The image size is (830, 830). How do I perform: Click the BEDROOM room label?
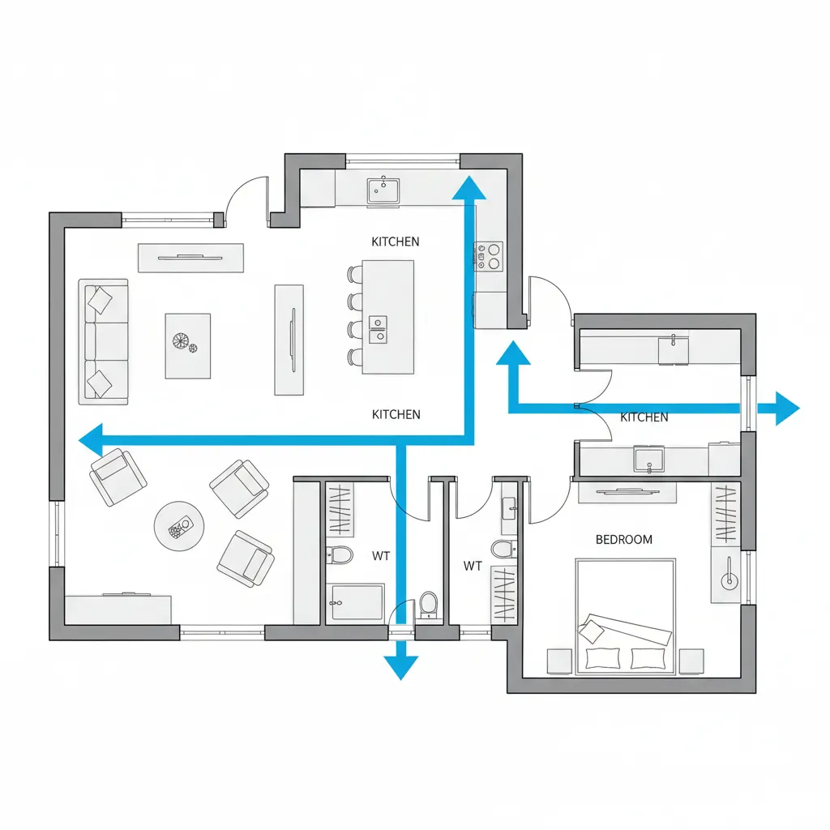pyautogui.click(x=623, y=539)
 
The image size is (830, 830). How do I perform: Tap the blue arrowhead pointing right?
pyautogui.click(x=788, y=409)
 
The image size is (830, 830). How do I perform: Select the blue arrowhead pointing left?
pyautogui.click(x=91, y=440)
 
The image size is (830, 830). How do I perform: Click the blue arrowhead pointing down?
pyautogui.click(x=400, y=668)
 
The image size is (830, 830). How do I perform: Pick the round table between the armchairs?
pyautogui.click(x=179, y=526)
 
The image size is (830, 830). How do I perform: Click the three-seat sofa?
pyautogui.click(x=103, y=342)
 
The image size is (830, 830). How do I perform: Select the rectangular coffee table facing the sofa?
pyautogui.click(x=188, y=345)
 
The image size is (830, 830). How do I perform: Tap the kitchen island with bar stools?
pyautogui.click(x=388, y=317)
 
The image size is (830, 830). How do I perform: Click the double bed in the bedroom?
pyautogui.click(x=625, y=617)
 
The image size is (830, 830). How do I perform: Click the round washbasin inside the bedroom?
pyautogui.click(x=729, y=580)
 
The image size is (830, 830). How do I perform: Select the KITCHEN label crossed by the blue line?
pyautogui.click(x=644, y=417)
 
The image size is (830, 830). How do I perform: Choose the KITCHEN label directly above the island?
pyautogui.click(x=396, y=242)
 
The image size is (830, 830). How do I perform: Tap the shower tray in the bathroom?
pyautogui.click(x=355, y=602)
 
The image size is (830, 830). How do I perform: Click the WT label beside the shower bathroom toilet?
pyautogui.click(x=381, y=556)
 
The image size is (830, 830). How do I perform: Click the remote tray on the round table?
pyautogui.click(x=179, y=528)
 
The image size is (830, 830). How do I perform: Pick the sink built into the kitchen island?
pyautogui.click(x=378, y=329)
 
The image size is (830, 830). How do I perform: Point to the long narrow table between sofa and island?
pyautogui.click(x=289, y=340)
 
